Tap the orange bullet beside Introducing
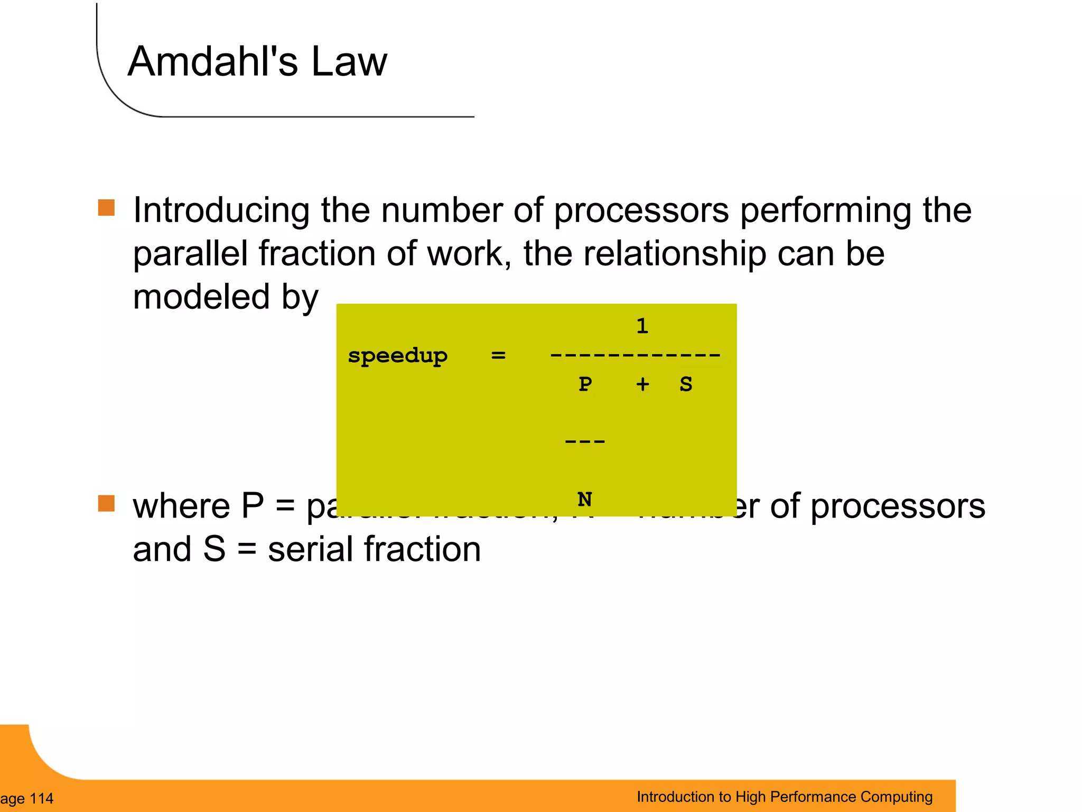(106, 208)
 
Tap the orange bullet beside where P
(106, 504)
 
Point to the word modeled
(201, 297)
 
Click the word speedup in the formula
(397, 356)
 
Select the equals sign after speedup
(498, 355)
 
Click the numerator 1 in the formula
(642, 326)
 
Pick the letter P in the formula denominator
(585, 384)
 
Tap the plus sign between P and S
(642, 384)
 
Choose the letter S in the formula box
(686, 384)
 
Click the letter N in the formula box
(585, 499)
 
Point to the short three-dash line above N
(585, 441)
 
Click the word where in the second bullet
(181, 506)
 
